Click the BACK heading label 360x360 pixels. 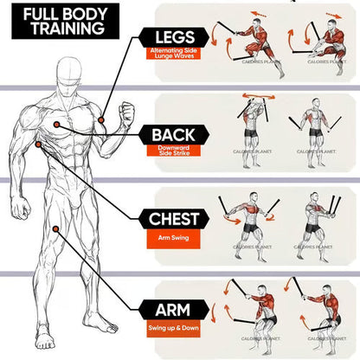tap(173, 135)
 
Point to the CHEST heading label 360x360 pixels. tap(173, 219)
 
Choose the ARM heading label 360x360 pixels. tap(173, 308)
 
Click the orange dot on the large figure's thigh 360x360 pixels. tap(55, 229)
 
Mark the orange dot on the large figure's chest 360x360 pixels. tap(57, 125)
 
